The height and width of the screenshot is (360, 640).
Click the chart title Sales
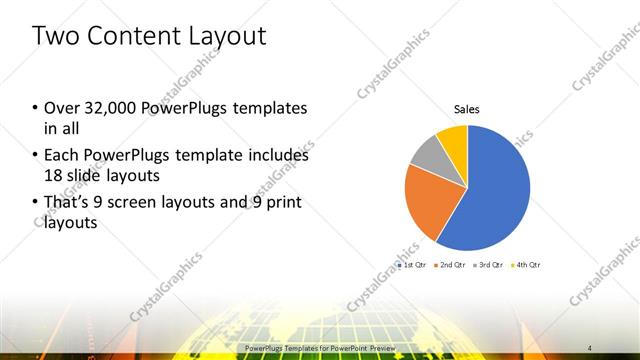pyautogui.click(x=467, y=109)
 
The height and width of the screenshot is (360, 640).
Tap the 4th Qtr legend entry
pyautogui.click(x=527, y=265)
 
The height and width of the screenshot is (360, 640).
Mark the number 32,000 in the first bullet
pyautogui.click(x=109, y=108)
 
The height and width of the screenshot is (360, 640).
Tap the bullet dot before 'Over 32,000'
pyautogui.click(x=35, y=108)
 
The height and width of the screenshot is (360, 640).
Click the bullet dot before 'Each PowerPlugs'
pyautogui.click(x=35, y=156)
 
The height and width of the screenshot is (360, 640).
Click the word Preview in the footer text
pyautogui.click(x=378, y=348)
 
